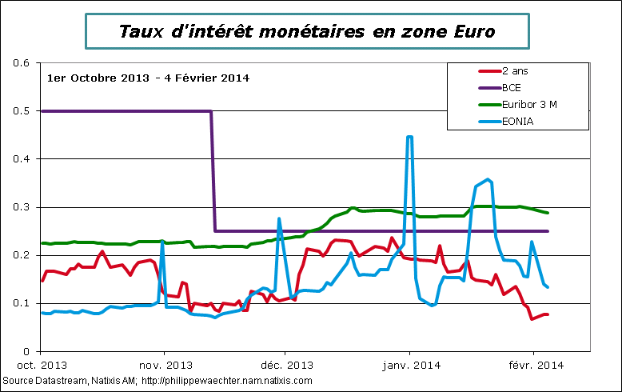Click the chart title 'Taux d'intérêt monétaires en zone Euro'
click(x=307, y=32)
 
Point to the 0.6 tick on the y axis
click(x=22, y=63)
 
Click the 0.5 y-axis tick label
click(x=22, y=111)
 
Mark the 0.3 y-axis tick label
click(x=22, y=207)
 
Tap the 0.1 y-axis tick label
click(x=22, y=303)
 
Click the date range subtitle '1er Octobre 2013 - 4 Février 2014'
click(x=149, y=78)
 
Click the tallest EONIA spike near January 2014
click(x=409, y=138)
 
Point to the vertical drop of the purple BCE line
click(x=213, y=172)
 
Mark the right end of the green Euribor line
click(x=548, y=213)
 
